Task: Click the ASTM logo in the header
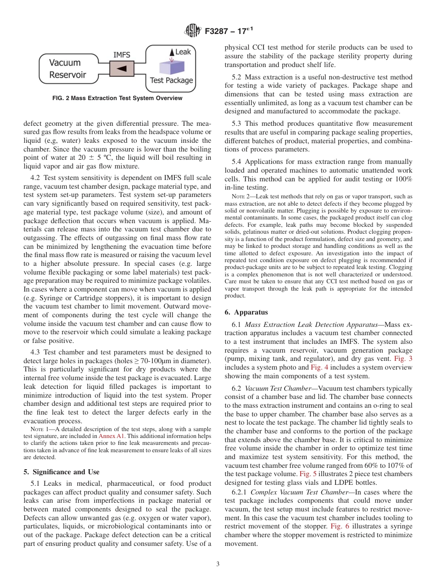(192, 31)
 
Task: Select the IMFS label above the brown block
(122, 55)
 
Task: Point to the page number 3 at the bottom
(218, 564)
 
